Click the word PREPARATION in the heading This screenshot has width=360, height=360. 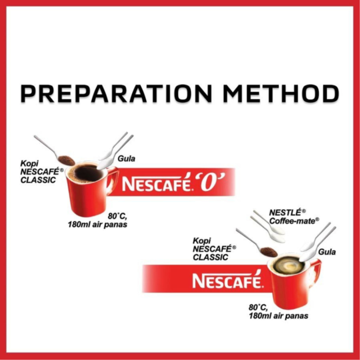[x=116, y=93]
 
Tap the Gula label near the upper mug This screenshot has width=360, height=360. [x=127, y=159]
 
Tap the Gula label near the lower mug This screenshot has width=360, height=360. [x=327, y=252]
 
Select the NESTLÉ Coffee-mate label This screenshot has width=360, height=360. [x=294, y=217]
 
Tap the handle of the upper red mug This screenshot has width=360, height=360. [x=113, y=180]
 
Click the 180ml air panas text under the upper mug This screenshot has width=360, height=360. [x=97, y=224]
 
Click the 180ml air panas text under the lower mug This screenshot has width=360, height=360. [x=278, y=316]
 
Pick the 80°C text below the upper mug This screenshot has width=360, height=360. [x=117, y=216]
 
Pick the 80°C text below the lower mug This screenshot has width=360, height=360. [x=258, y=307]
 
